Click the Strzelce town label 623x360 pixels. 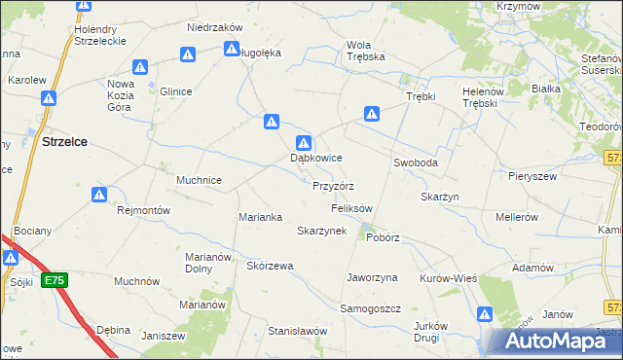(65, 141)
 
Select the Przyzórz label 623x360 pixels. (333, 185)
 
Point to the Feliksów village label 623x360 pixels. (352, 208)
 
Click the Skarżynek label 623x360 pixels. (321, 231)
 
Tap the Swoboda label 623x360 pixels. (416, 162)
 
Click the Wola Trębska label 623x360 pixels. (366, 51)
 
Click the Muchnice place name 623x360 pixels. (200, 180)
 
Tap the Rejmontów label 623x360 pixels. (143, 210)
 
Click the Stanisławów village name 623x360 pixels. (297, 331)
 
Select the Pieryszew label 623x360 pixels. (531, 176)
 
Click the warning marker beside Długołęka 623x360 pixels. (232, 48)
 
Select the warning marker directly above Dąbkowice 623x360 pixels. (305, 142)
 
